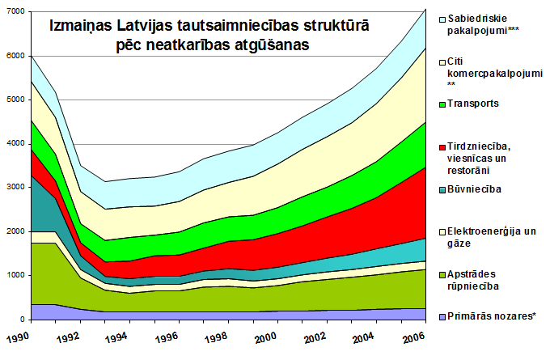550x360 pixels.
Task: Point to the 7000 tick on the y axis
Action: coord(14,11)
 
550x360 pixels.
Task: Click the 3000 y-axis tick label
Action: coord(14,188)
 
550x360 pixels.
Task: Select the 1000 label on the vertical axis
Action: coord(14,275)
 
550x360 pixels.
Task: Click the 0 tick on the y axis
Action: coord(22,320)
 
